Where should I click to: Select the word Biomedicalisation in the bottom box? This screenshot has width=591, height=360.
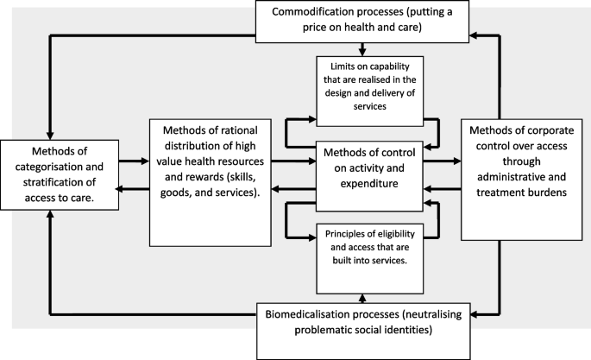[x=313, y=315]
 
